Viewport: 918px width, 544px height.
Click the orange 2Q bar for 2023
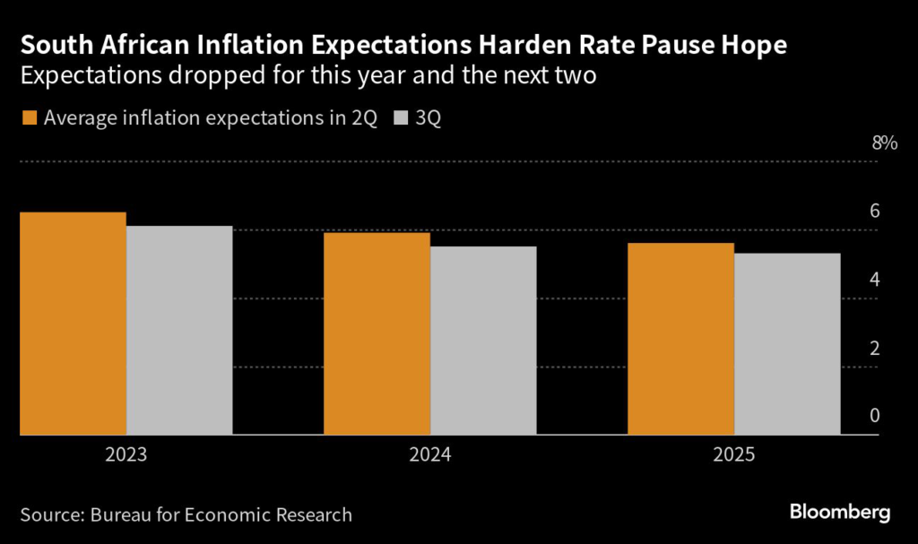[73, 324]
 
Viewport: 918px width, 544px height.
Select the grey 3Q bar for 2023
[179, 331]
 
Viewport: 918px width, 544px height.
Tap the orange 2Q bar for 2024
[377, 333]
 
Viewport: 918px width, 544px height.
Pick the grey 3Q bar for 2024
[483, 341]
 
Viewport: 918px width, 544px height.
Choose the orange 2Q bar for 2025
[681, 339]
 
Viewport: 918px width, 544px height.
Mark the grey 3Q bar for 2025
[787, 344]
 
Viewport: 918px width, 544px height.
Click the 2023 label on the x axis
[126, 455]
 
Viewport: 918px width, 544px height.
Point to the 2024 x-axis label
[430, 455]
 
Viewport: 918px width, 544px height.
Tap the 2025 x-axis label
[734, 455]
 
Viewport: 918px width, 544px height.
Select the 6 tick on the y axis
[874, 212]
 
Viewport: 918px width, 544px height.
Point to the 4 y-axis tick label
[874, 280]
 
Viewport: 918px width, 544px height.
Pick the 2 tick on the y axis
[874, 348]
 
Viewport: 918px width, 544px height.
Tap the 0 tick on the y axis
[874, 416]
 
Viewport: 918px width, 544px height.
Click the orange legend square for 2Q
[28, 117]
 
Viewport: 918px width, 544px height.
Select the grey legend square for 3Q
[401, 117]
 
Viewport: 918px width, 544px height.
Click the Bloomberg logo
[840, 513]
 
